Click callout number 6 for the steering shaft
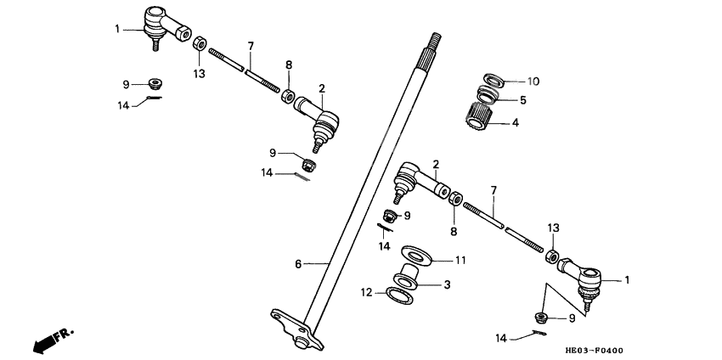(298, 264)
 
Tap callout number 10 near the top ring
(533, 82)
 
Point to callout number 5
(524, 99)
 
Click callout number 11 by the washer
(460, 260)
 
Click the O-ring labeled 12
(402, 295)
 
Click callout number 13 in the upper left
(199, 75)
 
